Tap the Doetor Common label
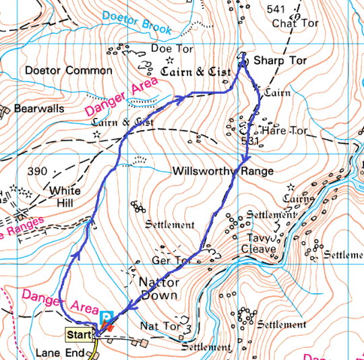pos(68,71)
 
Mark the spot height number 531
pos(249,141)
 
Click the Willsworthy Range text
pos(223,171)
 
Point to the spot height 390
pos(37,171)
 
